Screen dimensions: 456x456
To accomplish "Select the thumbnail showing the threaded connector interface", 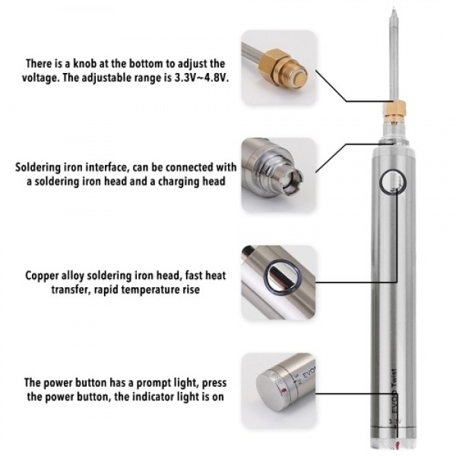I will [x=278, y=175].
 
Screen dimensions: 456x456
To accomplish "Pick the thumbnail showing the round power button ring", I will [x=278, y=282].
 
